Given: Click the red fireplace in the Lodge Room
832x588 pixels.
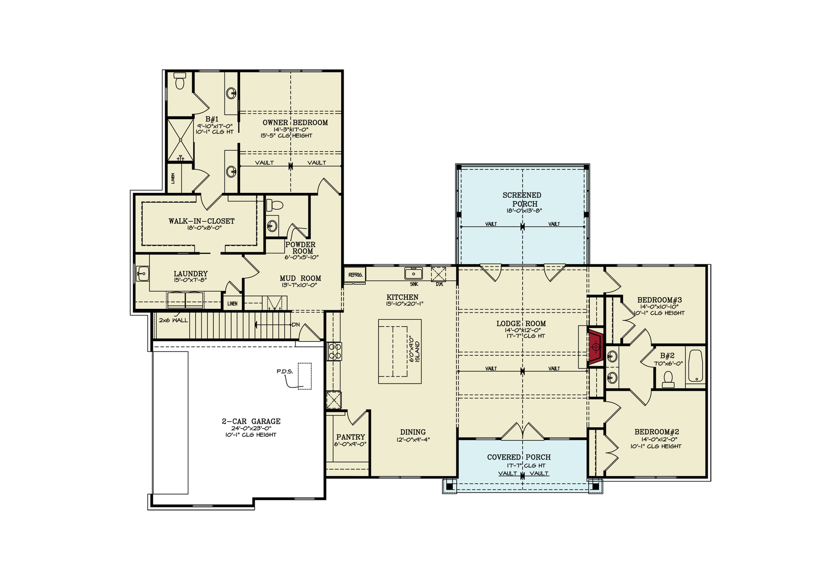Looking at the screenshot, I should click(x=595, y=347).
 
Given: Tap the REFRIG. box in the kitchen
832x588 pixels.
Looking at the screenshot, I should click(x=355, y=275).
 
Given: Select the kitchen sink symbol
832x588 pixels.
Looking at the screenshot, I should click(x=413, y=274).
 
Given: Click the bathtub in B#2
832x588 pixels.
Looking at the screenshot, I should click(x=696, y=366).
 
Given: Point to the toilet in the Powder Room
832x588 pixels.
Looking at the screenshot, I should click(x=274, y=205).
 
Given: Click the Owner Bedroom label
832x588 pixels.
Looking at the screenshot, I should click(x=295, y=123).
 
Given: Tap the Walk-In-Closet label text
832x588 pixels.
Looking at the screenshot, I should click(x=201, y=221).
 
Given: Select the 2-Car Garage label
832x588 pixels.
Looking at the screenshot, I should click(x=251, y=421).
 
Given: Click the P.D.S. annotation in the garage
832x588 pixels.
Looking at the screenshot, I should click(x=285, y=371).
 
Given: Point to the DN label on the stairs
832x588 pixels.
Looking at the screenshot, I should click(x=296, y=325).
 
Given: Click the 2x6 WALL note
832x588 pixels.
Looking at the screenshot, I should click(x=173, y=320).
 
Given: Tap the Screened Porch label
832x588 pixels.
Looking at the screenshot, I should click(x=522, y=199).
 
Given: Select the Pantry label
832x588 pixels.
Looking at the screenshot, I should click(x=350, y=437).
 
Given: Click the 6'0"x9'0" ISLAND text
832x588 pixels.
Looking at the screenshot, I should click(x=414, y=349).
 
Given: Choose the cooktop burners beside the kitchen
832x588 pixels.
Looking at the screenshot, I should click(x=335, y=351).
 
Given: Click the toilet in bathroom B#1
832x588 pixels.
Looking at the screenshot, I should click(x=180, y=81).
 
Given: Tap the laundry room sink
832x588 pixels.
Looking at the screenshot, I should click(x=143, y=274).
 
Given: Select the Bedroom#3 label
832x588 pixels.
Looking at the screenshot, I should click(x=659, y=300).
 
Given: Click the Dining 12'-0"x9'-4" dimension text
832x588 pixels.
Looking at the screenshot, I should click(x=413, y=440).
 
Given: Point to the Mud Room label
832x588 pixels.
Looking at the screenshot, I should click(x=300, y=278).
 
